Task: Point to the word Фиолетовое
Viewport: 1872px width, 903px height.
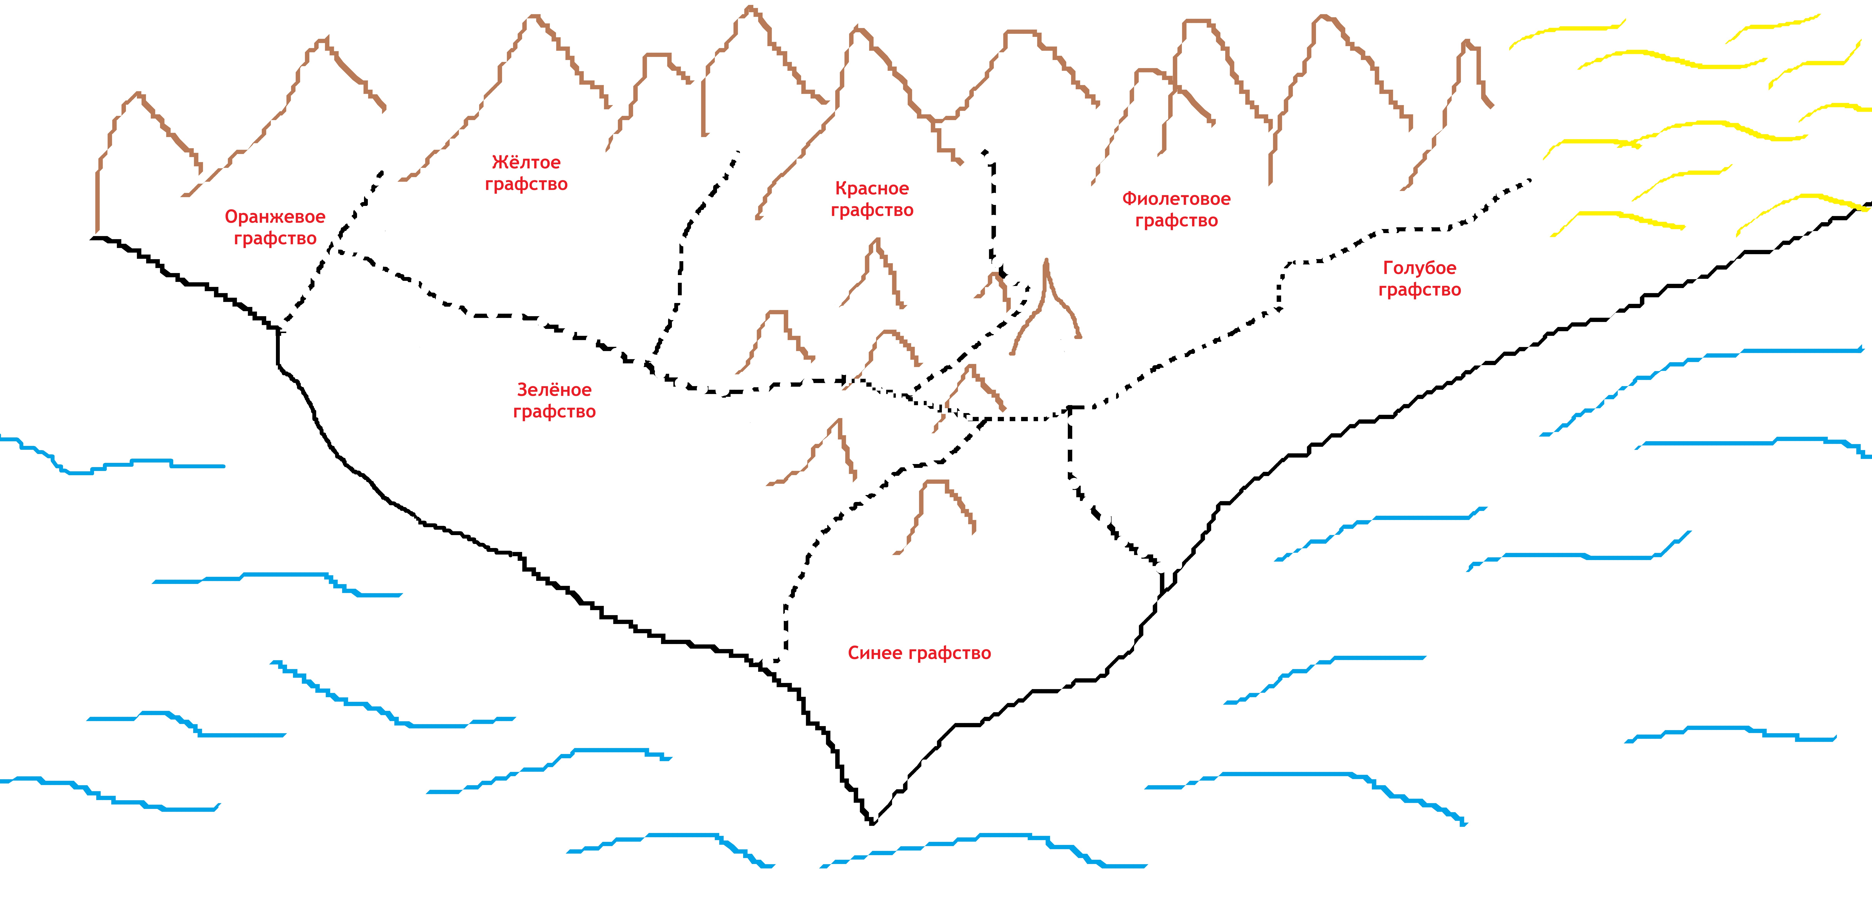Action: coord(1176,198)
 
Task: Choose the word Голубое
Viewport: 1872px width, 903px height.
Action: coord(1419,268)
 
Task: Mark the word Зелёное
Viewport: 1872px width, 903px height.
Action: coord(554,390)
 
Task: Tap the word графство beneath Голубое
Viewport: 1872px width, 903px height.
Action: coord(1419,290)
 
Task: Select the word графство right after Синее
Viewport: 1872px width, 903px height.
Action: coord(950,653)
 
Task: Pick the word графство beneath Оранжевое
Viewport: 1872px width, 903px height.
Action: coord(275,238)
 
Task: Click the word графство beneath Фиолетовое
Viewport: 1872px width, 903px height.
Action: coord(1176,220)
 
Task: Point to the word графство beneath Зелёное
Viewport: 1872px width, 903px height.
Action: coord(554,412)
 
